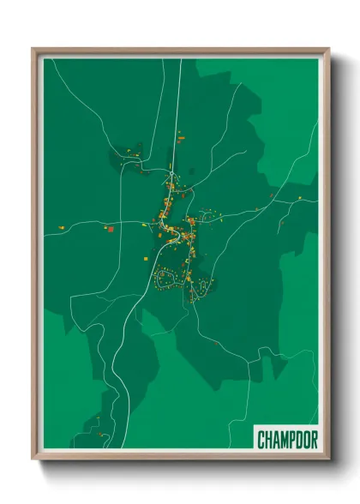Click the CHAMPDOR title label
(x=287, y=439)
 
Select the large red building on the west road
(x=109, y=229)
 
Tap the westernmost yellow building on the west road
(x=62, y=227)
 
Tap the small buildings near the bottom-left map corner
(x=100, y=433)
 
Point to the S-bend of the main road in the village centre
(x=165, y=225)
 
